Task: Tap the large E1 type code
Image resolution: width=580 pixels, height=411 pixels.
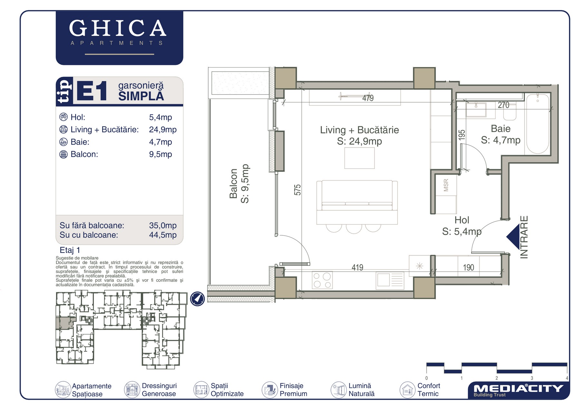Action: tap(92, 91)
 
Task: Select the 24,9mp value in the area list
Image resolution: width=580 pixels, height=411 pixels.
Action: tap(163, 130)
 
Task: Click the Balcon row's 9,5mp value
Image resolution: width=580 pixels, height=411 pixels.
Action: tap(160, 154)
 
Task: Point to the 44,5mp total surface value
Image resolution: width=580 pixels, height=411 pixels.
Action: tap(163, 235)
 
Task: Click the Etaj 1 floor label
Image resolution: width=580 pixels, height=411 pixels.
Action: tap(70, 250)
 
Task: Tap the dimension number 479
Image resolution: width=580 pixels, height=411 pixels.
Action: tap(368, 98)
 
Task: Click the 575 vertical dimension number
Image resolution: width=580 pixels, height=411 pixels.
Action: tap(297, 190)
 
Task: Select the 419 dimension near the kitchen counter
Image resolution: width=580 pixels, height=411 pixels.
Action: tap(357, 267)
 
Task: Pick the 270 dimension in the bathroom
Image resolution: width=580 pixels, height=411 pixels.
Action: tap(504, 105)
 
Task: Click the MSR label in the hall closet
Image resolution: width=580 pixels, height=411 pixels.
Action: tap(446, 185)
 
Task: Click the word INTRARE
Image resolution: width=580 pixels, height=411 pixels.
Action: tap(524, 237)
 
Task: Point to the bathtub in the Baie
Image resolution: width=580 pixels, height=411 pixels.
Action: tap(537, 124)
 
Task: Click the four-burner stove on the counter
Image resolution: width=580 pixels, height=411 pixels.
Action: tap(322, 280)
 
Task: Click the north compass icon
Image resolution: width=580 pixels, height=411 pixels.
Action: tap(198, 299)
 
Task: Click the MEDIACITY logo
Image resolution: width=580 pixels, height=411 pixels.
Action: tap(518, 390)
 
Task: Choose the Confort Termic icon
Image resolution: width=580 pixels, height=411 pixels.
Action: tap(407, 390)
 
